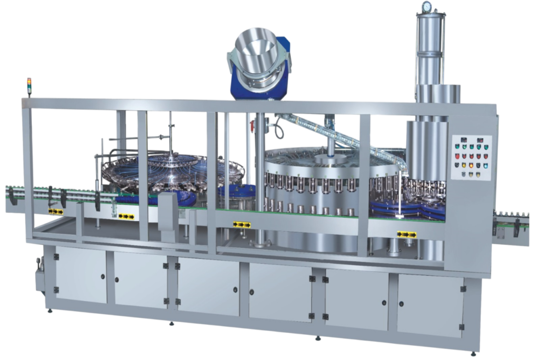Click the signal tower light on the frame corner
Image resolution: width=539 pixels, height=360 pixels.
[29, 87]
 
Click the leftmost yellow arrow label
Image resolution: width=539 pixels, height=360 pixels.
[56, 211]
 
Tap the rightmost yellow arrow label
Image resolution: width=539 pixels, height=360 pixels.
[406, 234]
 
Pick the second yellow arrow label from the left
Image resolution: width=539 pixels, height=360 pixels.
[126, 216]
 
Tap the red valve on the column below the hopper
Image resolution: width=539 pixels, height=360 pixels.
[252, 126]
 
